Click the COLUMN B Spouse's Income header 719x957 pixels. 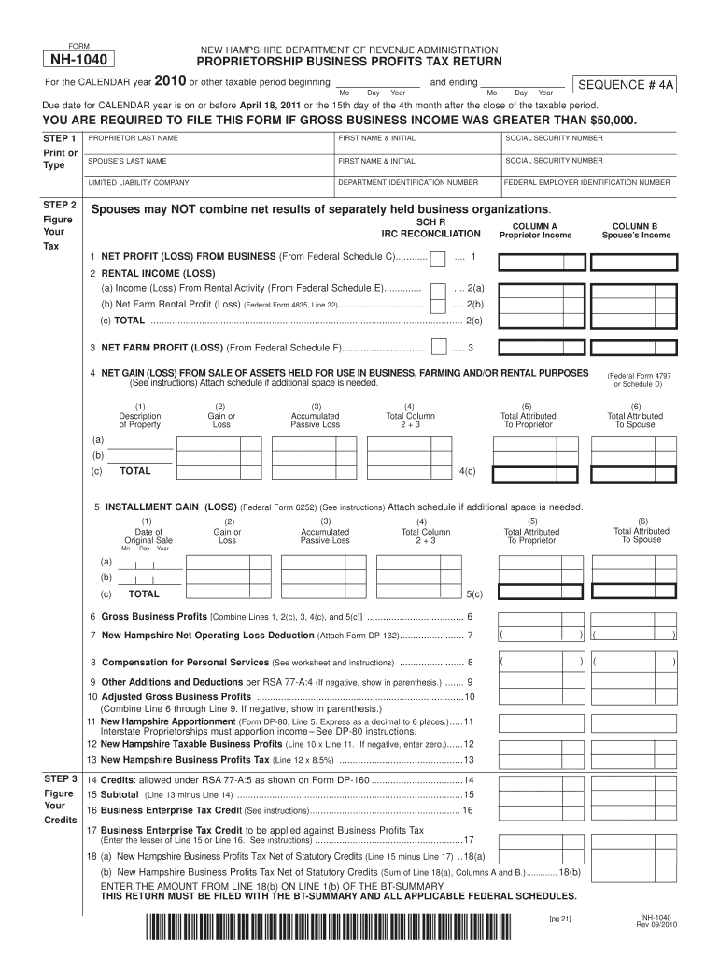635,230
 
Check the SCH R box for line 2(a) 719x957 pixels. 437,290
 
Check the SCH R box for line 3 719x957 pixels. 437,348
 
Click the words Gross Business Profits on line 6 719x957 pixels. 154,616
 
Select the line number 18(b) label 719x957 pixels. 570,871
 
